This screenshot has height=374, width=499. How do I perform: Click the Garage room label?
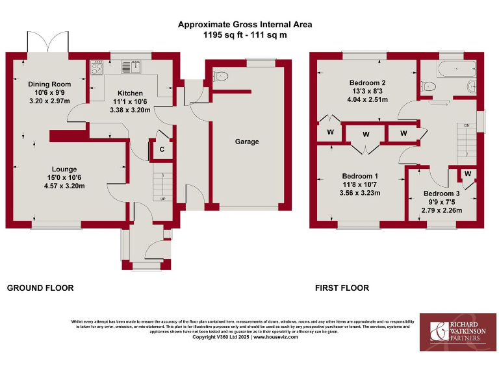point(247,142)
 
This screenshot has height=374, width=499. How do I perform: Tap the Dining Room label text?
point(49,84)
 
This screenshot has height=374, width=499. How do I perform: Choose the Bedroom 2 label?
point(368,83)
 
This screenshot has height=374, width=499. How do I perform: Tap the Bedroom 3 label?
point(442,193)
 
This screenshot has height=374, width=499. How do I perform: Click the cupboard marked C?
point(161,149)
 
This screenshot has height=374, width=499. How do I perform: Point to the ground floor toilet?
point(221,75)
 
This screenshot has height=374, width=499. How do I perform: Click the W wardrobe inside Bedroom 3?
point(467,173)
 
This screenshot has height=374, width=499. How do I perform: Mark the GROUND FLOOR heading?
point(40,288)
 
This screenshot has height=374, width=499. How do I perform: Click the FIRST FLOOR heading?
point(342,288)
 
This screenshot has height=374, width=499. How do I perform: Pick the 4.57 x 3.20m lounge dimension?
point(64,186)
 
